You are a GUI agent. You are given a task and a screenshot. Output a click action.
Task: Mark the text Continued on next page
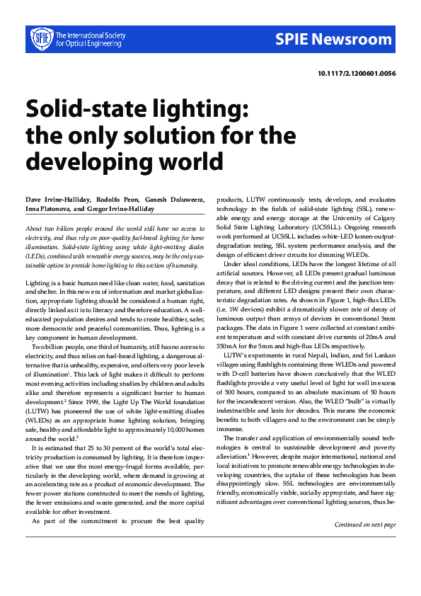pyautogui.click(x=364, y=525)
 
